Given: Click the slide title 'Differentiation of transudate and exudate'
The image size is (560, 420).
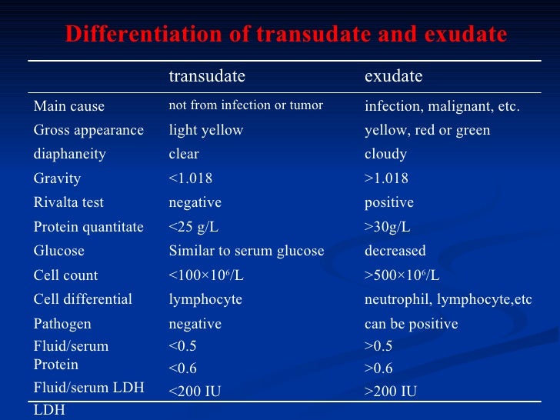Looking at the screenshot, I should pyautogui.click(x=286, y=35).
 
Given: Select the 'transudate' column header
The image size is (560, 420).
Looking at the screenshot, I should pyautogui.click(x=207, y=76).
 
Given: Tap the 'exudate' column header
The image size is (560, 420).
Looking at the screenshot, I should pyautogui.click(x=393, y=76).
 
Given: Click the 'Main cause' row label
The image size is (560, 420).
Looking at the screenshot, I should pyautogui.click(x=69, y=106).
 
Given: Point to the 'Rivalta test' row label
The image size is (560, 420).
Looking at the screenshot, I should pyautogui.click(x=68, y=202).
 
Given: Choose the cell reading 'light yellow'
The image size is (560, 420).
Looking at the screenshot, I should pyautogui.click(x=206, y=130).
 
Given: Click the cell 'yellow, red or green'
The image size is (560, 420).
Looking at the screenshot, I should pyautogui.click(x=427, y=130).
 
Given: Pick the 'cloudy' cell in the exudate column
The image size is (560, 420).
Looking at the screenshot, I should pyautogui.click(x=385, y=154).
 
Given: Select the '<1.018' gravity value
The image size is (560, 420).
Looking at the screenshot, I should pyautogui.click(x=191, y=178).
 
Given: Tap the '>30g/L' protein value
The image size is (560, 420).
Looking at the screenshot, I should pyautogui.click(x=388, y=227).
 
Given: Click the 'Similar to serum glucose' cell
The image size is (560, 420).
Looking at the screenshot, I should pyautogui.click(x=246, y=251).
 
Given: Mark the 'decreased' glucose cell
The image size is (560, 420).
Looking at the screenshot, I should pyautogui.click(x=395, y=251).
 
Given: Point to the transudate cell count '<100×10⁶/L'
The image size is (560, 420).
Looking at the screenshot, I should pyautogui.click(x=207, y=275).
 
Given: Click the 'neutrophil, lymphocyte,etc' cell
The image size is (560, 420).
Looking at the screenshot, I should pyautogui.click(x=448, y=299).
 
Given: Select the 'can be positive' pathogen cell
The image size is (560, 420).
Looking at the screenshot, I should pyautogui.click(x=411, y=324).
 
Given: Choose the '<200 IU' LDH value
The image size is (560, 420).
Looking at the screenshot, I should pyautogui.click(x=195, y=392).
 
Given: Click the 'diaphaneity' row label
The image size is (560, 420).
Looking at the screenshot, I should pyautogui.click(x=70, y=154).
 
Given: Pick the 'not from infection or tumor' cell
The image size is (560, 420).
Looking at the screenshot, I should pyautogui.click(x=245, y=105).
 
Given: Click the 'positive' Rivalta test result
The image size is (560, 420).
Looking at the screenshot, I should pyautogui.click(x=388, y=202).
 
